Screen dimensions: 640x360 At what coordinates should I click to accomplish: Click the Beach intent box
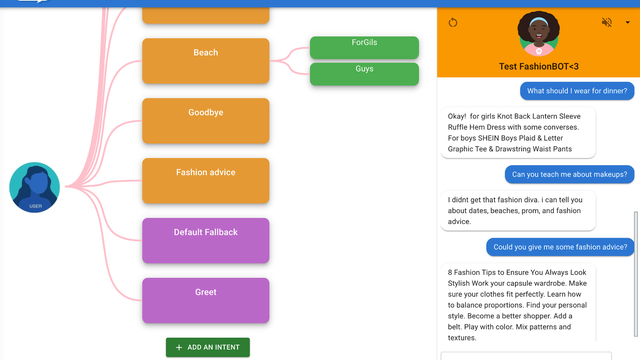coord(206,61)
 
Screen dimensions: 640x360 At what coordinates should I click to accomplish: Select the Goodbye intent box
coord(206,121)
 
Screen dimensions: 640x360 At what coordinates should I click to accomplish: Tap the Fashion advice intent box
coord(206,181)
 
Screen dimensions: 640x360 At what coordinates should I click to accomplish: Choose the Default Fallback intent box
coord(206,240)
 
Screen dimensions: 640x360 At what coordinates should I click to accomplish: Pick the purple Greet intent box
coord(206,300)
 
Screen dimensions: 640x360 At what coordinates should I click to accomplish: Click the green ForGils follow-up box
coord(364,47)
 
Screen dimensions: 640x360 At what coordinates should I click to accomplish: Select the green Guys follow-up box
coord(364,74)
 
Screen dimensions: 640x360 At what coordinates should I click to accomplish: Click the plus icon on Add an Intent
coord(179,347)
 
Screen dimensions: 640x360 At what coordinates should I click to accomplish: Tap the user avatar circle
coord(35,187)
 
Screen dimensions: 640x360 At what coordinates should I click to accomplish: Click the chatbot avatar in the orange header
coord(539,34)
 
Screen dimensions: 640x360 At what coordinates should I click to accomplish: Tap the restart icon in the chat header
coord(453,22)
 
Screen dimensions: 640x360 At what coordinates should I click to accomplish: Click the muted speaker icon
coord(607,22)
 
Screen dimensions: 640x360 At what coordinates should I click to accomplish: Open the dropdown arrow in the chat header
coord(628,22)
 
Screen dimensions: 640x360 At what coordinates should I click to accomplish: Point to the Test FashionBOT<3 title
coord(539,67)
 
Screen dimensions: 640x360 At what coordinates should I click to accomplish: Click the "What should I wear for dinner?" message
coord(577,91)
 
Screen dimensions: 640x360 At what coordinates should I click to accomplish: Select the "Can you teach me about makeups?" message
coord(570,174)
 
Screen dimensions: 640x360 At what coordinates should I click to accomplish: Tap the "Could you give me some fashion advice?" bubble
coord(560,247)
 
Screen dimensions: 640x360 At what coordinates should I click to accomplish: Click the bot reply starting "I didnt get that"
coord(518,211)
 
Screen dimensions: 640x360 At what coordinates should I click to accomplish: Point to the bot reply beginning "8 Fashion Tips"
coord(518,304)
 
